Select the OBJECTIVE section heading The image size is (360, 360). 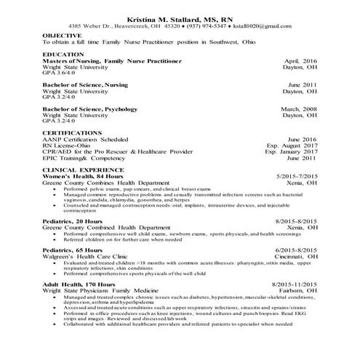tap(62, 35)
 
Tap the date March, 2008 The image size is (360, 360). tap(298, 109)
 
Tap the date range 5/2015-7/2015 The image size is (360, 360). tap(295, 177)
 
